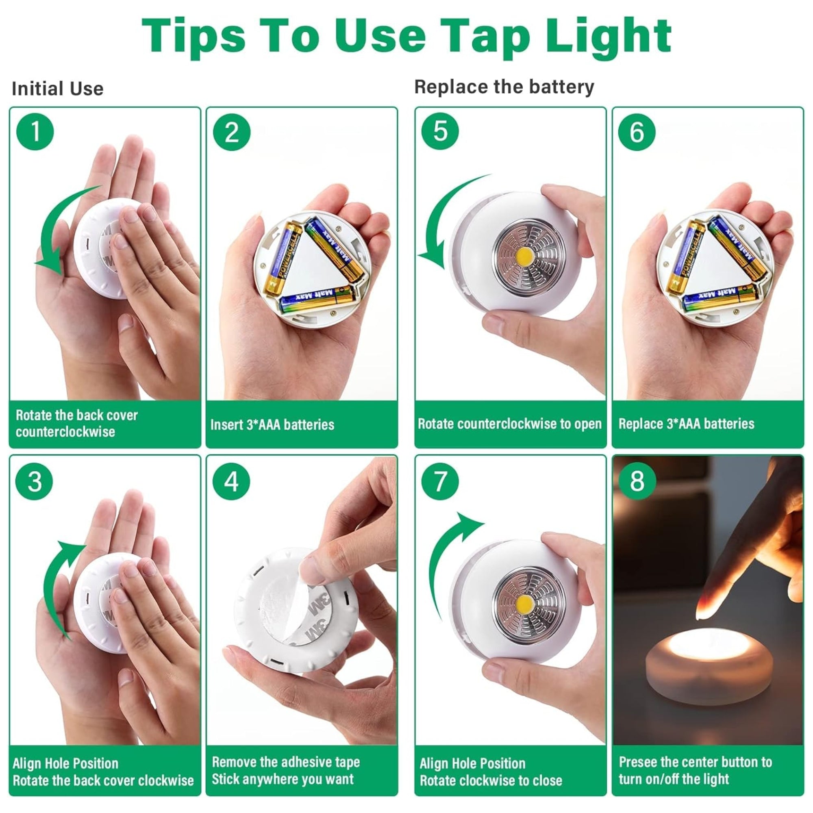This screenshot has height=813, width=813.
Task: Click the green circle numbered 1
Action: pos(35,131)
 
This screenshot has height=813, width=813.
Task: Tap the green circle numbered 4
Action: pos(231,481)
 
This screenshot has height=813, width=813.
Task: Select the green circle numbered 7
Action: pos(440,481)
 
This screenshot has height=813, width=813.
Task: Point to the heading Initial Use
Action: pos(58,89)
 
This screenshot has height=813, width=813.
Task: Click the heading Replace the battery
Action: pos(504,87)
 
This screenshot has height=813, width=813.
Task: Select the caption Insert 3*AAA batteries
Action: pos(272,425)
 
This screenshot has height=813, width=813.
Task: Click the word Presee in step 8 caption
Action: pos(637,762)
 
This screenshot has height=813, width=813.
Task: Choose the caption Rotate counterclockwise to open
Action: pos(510,424)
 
